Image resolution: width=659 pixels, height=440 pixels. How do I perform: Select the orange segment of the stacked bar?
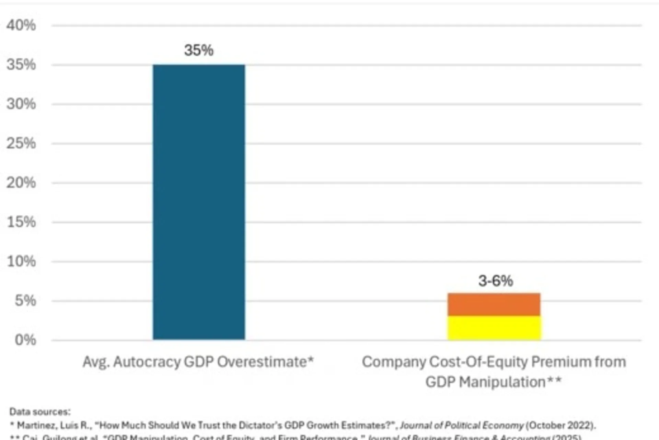point(494,304)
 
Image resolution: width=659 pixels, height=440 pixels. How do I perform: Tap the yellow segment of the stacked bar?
point(494,328)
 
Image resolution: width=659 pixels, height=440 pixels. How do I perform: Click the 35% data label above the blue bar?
point(199,50)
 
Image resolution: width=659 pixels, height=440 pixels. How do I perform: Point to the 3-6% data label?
point(495,281)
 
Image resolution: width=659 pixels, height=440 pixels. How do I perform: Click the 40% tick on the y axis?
point(21,25)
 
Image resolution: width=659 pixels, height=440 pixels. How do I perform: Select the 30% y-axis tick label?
point(21,104)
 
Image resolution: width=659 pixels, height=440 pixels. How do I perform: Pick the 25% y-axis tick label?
point(21,144)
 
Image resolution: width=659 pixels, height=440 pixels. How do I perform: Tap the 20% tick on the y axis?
point(21,183)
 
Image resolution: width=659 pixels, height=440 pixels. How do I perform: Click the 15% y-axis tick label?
point(21,222)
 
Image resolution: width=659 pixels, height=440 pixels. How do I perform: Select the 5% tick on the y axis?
point(25,301)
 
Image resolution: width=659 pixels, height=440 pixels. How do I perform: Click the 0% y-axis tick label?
point(25,340)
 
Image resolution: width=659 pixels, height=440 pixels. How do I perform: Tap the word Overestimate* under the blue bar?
point(265,362)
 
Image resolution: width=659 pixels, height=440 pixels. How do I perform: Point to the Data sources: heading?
point(39,411)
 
